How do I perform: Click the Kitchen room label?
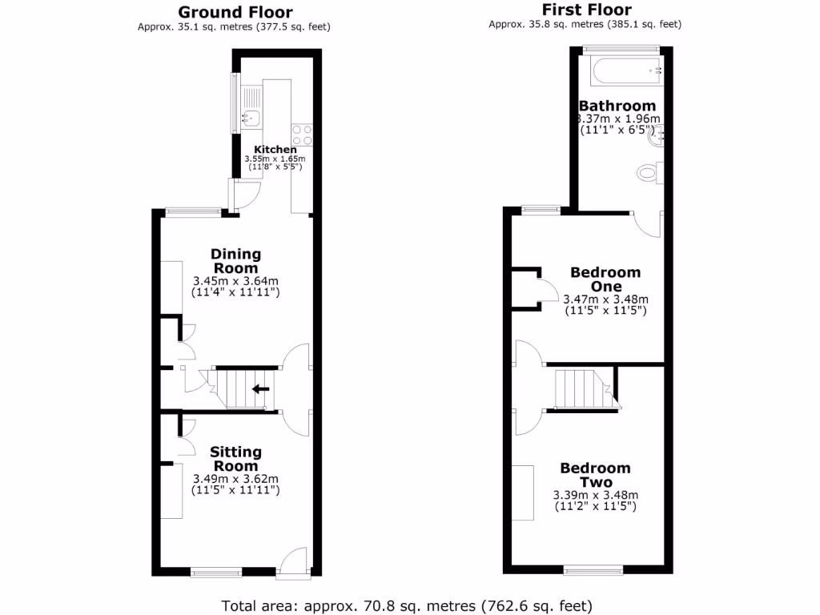click(275, 150)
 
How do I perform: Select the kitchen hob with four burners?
click(302, 135)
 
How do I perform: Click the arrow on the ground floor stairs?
click(260, 390)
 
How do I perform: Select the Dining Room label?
click(235, 262)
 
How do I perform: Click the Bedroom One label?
click(605, 279)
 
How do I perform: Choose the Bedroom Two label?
click(595, 475)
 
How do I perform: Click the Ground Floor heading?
click(235, 12)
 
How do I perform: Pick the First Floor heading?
click(586, 10)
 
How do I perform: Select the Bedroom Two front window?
click(593, 570)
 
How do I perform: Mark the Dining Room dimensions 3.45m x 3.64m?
click(235, 287)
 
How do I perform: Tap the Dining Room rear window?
click(192, 211)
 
